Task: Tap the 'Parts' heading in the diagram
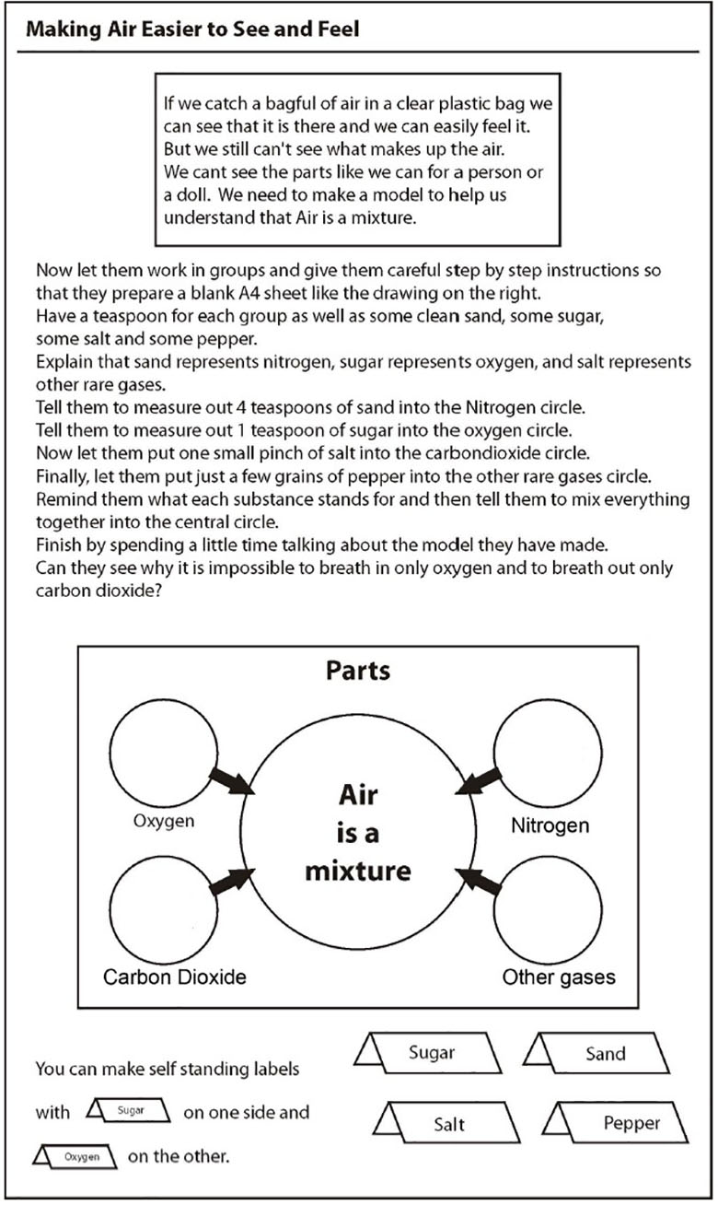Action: [358, 670]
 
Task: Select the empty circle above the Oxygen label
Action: [164, 751]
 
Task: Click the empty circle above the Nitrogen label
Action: [549, 751]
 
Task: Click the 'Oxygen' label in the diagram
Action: [164, 820]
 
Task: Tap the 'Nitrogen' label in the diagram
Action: [550, 825]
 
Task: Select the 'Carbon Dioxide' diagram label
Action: [175, 976]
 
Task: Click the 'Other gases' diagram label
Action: [559, 976]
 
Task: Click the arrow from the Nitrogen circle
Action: [480, 782]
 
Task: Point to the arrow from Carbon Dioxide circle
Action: [230, 882]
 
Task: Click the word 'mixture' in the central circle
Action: [358, 870]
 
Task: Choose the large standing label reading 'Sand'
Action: [605, 1053]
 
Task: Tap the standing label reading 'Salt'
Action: [449, 1123]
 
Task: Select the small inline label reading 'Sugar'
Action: [131, 1110]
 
